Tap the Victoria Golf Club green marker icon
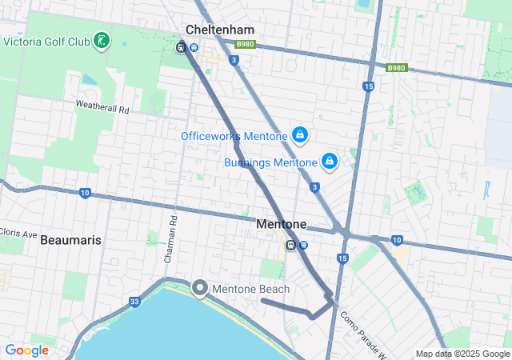[x=102, y=40]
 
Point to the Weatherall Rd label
[x=102, y=106]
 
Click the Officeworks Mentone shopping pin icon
[x=299, y=134]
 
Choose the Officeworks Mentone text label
[x=234, y=136]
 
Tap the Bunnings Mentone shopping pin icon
[x=329, y=161]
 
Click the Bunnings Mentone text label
[x=271, y=162]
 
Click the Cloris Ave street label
[x=18, y=234]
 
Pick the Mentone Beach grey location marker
[x=199, y=287]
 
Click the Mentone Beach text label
[x=251, y=288]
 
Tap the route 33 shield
[x=134, y=301]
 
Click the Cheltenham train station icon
[x=182, y=46]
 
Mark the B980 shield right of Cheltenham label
[x=246, y=44]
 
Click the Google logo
[x=26, y=350]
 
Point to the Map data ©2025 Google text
[x=462, y=354]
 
